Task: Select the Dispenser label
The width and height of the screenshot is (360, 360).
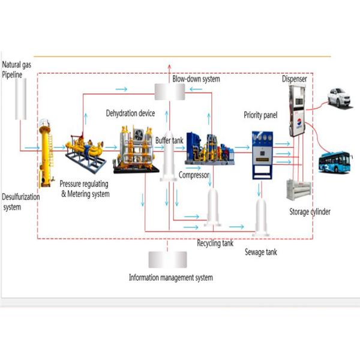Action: [295, 79]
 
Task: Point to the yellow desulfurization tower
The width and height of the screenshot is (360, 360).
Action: [44, 153]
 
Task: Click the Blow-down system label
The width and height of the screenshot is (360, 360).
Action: [196, 79]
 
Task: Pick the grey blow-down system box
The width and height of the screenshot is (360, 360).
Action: [170, 92]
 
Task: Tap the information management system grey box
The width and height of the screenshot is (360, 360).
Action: [170, 259]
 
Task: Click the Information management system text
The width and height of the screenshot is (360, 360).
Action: [171, 278]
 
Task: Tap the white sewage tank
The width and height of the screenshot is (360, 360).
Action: [260, 216]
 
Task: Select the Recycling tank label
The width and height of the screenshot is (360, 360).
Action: [215, 244]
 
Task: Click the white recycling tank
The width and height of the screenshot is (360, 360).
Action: [213, 207]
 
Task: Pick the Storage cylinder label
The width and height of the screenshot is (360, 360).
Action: [310, 212]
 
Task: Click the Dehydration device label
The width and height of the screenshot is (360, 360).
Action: [130, 113]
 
